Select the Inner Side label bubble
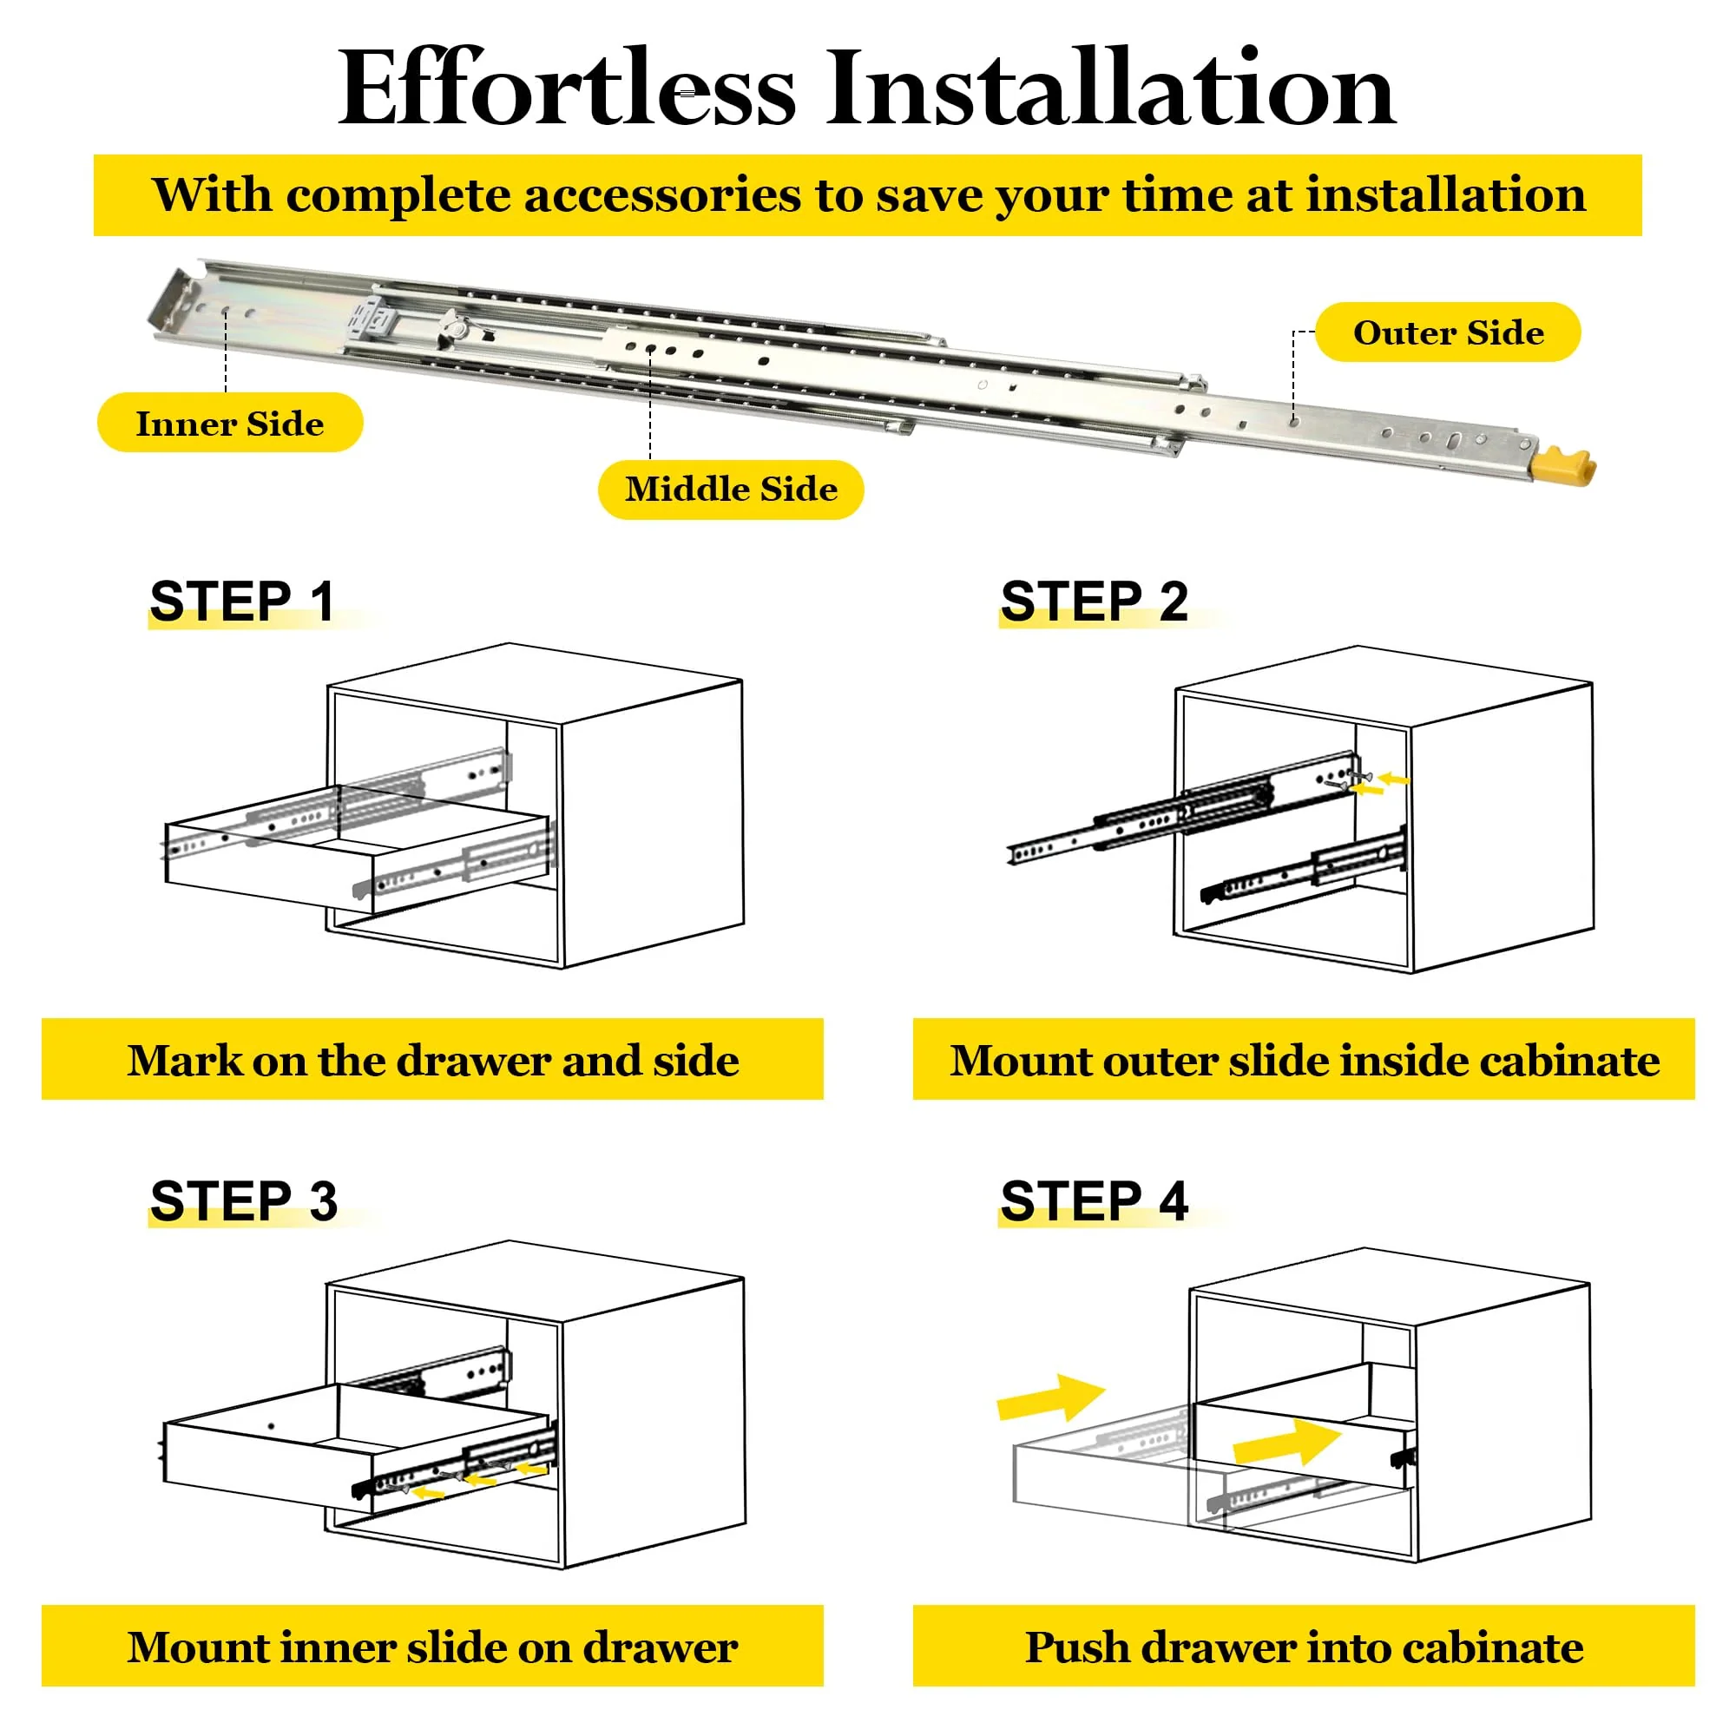coord(230,423)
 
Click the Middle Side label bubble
coord(731,490)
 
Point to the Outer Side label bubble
coord(1448,332)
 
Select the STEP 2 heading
coord(1094,601)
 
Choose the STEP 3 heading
coord(244,1200)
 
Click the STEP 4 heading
coord(1094,1200)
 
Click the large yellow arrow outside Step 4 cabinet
coord(1049,1399)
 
